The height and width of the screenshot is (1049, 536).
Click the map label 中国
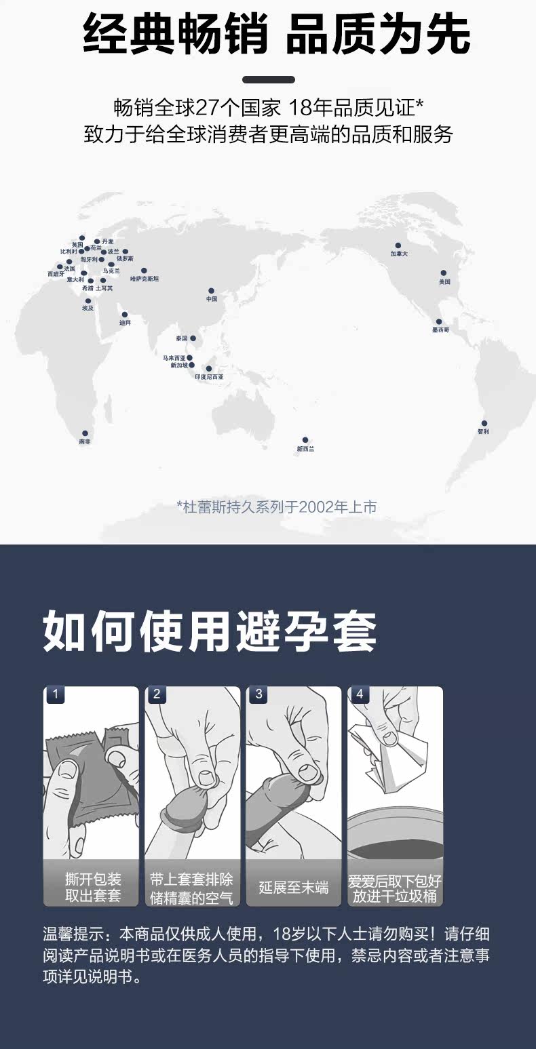pyautogui.click(x=212, y=298)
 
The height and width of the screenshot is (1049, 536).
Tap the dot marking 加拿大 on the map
pyautogui.click(x=398, y=245)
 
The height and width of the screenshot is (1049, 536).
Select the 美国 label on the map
pyautogui.click(x=444, y=281)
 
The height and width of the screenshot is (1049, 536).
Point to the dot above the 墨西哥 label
pyautogui.click(x=439, y=321)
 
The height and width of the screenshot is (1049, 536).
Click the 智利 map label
pyautogui.click(x=482, y=431)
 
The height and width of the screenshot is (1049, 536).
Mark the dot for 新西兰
pyautogui.click(x=305, y=440)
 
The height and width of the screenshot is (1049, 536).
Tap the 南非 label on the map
pyautogui.click(x=84, y=441)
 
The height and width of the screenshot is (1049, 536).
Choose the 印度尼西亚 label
pyautogui.click(x=209, y=377)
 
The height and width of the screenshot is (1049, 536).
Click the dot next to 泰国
pyautogui.click(x=193, y=338)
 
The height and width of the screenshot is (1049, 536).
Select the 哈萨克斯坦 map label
pyautogui.click(x=144, y=279)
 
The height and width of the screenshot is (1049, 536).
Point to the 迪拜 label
pyautogui.click(x=125, y=323)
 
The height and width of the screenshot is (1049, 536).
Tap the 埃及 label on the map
pyautogui.click(x=88, y=309)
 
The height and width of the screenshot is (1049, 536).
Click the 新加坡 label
pyautogui.click(x=179, y=365)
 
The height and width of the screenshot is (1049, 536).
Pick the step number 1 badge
pyautogui.click(x=55, y=694)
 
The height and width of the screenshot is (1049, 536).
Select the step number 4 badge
pyautogui.click(x=359, y=694)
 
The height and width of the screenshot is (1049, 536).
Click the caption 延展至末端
pyautogui.click(x=293, y=888)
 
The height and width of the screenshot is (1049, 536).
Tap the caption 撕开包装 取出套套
pyautogui.click(x=93, y=888)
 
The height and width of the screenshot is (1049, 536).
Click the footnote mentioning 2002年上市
pyautogui.click(x=276, y=507)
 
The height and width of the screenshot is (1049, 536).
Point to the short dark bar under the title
pyautogui.click(x=268, y=79)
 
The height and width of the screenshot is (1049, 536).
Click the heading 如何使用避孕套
pyautogui.click(x=210, y=633)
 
